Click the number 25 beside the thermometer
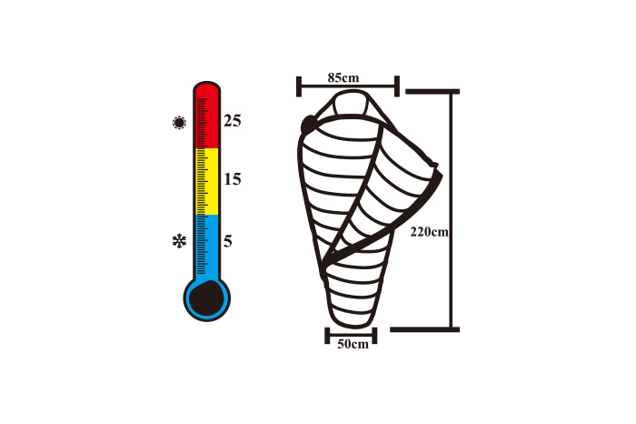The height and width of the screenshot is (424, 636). click(x=233, y=121)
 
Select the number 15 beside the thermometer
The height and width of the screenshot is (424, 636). click(x=233, y=178)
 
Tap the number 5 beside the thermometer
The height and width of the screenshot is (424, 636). click(x=228, y=241)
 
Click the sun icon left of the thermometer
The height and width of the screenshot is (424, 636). click(x=179, y=122)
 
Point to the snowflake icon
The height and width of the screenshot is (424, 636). click(x=179, y=241)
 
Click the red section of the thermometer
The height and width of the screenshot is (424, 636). click(x=207, y=117)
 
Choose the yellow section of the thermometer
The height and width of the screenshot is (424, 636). click(x=207, y=182)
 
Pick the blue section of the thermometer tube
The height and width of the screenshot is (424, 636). click(x=207, y=247)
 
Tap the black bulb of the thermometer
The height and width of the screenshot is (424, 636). click(x=207, y=298)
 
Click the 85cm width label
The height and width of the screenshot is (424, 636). click(x=343, y=77)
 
